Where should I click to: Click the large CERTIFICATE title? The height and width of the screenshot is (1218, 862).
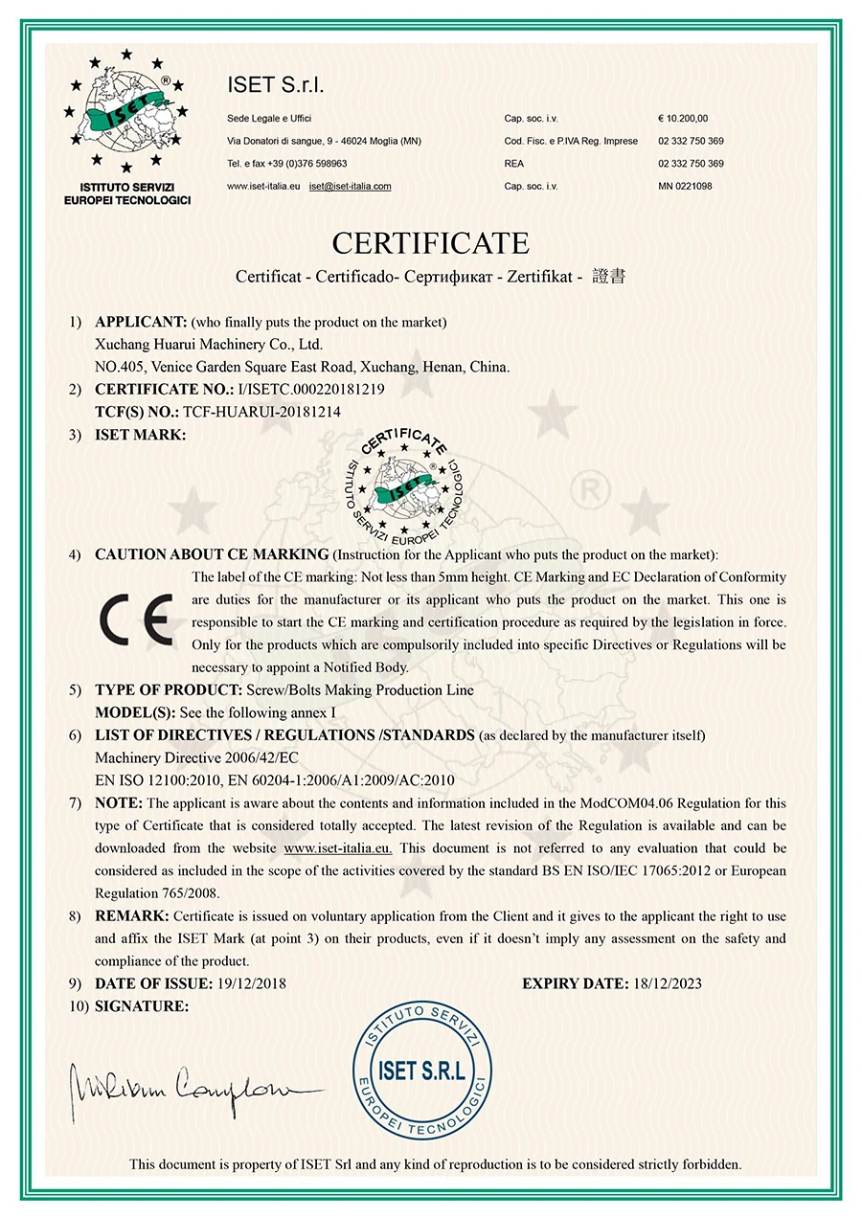pos(430,241)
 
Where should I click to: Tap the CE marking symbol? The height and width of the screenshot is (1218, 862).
pos(139,620)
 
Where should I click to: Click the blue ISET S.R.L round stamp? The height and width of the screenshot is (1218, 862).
pos(421,1071)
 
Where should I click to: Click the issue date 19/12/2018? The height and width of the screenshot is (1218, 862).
pos(251,983)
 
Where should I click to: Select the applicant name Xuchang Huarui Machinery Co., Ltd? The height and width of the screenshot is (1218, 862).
pos(209,344)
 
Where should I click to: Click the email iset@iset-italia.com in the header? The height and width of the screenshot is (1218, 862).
pos(350,187)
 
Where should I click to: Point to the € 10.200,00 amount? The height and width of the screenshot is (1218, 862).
pos(683,118)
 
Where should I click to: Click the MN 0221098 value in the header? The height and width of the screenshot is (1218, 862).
pos(685,187)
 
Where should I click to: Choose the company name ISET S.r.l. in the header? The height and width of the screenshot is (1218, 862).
pos(276,85)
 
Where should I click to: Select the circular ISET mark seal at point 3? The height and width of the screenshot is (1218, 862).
pos(402,483)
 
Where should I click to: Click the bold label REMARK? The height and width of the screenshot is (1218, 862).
pos(132,916)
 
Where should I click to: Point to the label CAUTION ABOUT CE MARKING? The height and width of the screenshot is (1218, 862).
pos(212,554)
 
